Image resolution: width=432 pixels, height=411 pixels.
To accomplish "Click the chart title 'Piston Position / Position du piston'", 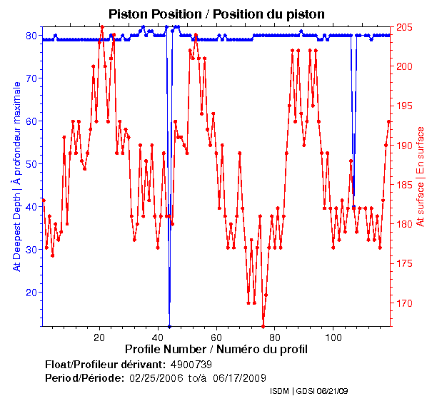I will pos(216,14).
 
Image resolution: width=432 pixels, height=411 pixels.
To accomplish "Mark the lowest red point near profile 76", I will pos(263,326).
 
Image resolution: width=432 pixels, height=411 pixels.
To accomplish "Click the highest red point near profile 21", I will pos(102,27).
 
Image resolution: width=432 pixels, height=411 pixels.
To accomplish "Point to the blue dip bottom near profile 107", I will pos(353,207).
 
